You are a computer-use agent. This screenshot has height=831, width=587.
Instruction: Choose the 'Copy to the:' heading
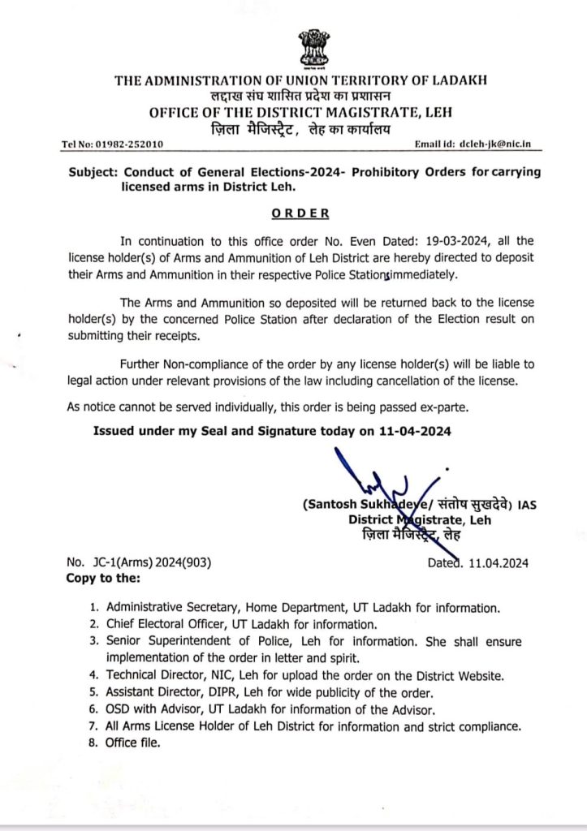click(x=101, y=579)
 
